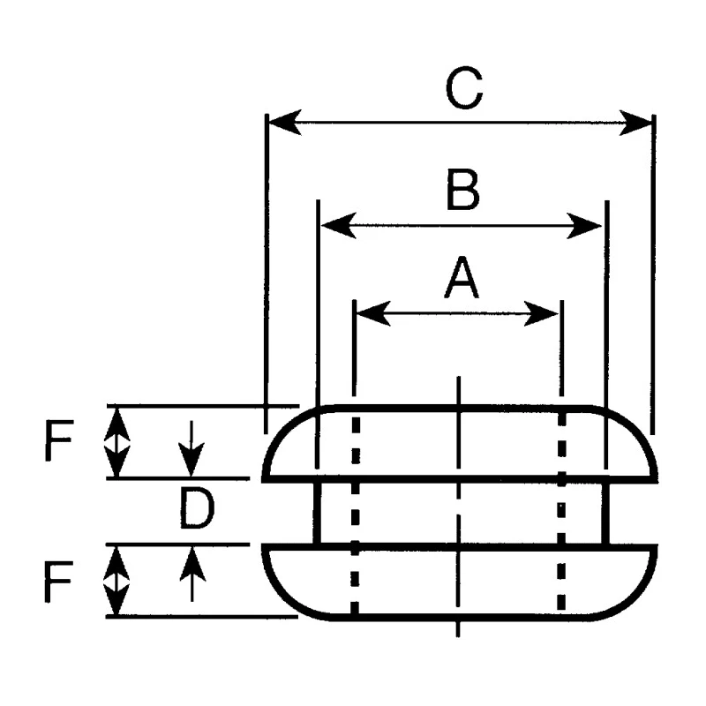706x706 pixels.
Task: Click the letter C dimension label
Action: coord(464,87)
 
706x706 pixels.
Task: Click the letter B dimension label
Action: coord(462,189)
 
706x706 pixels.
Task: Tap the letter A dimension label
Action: coord(462,277)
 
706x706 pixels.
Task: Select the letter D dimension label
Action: coord(197,509)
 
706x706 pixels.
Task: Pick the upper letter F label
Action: coord(59,439)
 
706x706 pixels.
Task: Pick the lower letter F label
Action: coord(58,582)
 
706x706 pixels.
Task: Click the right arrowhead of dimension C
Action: coord(635,123)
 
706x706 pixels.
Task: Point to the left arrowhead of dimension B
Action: coord(339,226)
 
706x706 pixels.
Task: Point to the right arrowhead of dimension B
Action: coord(584,226)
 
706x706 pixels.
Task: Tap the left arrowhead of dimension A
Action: coord(373,313)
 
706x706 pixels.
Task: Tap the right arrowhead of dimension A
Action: coord(542,313)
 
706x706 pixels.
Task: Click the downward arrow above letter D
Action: coord(192,449)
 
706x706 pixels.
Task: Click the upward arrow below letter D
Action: coord(192,574)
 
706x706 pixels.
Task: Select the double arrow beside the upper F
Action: coord(117,442)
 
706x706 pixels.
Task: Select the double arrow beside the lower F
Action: coord(116,581)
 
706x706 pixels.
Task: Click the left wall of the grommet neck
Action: coord(318,513)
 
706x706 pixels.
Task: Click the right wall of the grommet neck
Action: coord(605,513)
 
